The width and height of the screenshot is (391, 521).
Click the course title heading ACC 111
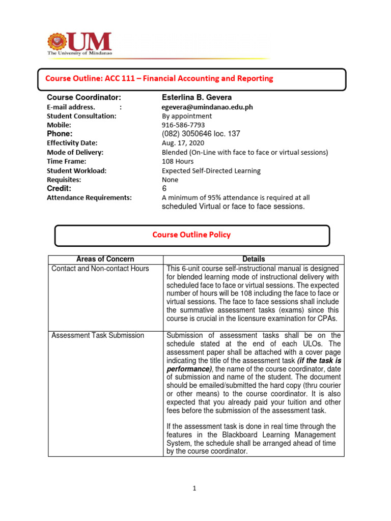point(159,78)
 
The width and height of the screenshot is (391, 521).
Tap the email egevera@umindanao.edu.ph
point(207,107)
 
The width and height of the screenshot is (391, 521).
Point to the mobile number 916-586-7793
point(183,125)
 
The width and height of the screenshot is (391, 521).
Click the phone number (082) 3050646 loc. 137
point(201,134)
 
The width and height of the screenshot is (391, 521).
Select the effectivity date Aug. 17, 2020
point(183,143)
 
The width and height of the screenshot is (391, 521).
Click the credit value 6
point(164,188)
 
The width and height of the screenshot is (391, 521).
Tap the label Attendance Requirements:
point(89,197)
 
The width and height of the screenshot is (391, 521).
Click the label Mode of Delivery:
point(75,152)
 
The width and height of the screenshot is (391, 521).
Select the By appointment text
point(187,116)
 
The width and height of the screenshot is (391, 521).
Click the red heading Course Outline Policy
point(191,235)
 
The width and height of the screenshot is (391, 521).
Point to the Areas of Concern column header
point(105,259)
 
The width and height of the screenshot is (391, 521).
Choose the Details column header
point(254,259)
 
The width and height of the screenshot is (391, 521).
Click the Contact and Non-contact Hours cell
point(100,269)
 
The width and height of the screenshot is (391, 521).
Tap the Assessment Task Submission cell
point(98,335)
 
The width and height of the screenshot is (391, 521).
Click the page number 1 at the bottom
point(194,488)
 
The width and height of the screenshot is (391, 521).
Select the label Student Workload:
point(76,170)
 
